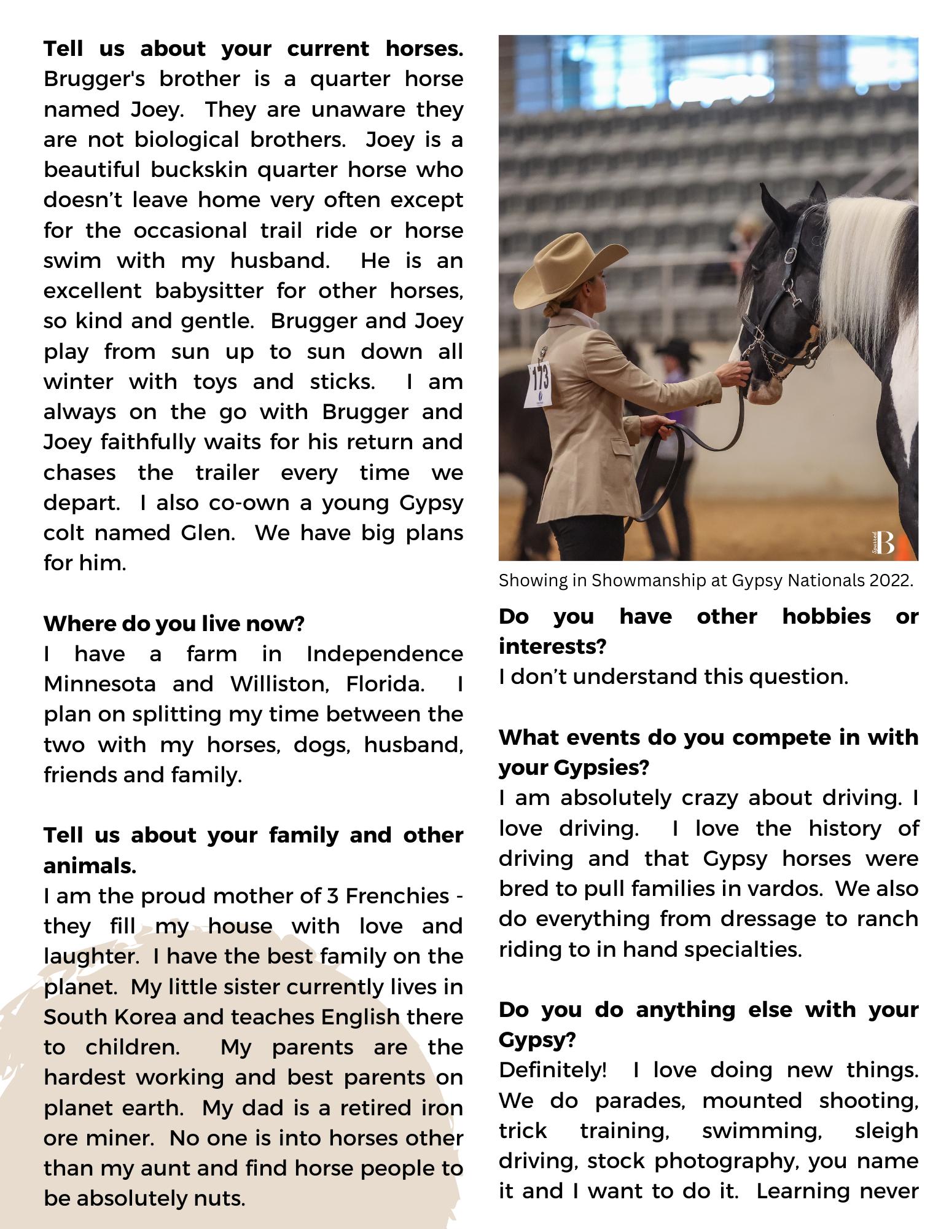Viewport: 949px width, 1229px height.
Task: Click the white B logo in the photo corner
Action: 885,543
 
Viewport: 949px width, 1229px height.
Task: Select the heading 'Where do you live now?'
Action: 174,624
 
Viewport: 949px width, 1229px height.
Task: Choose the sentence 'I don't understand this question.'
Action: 673,677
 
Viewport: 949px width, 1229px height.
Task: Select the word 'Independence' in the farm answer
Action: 385,654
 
